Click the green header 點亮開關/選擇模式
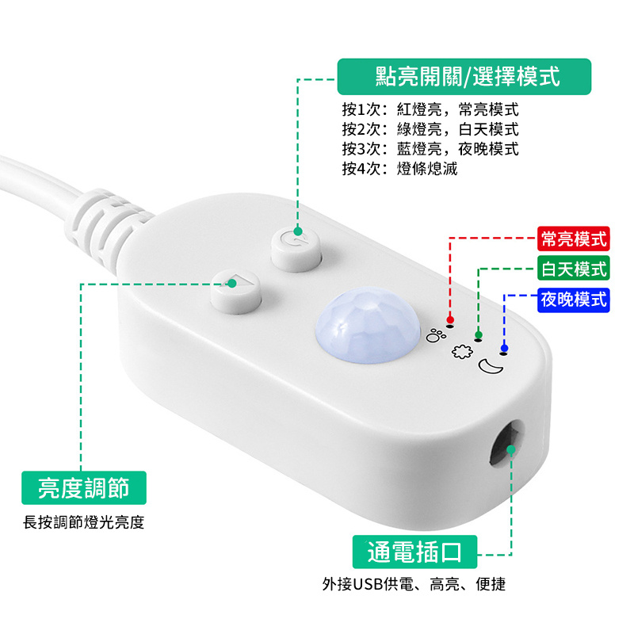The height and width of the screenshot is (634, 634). coord(467,77)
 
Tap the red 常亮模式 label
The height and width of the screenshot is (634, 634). coord(573,238)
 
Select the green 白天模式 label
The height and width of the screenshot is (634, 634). coord(573,269)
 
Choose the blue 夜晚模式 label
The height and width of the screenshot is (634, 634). coord(573,300)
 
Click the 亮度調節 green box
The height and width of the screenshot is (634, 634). coord(83,487)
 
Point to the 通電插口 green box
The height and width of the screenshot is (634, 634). coord(414,551)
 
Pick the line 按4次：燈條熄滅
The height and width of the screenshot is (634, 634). coord(399,168)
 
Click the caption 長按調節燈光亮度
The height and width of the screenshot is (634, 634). coord(83,522)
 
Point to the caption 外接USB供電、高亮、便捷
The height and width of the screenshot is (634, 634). coord(414,585)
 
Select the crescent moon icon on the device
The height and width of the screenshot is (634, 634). coord(488,365)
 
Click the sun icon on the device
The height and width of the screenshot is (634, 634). coord(459,352)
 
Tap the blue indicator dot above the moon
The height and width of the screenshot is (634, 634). coord(504,348)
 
